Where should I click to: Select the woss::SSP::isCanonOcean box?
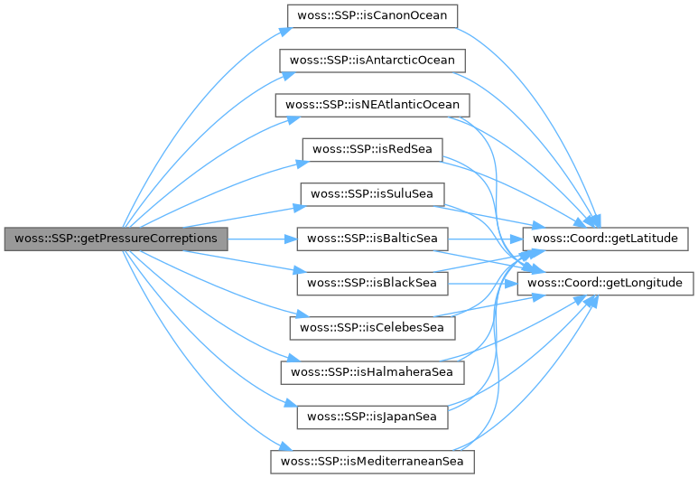click(373, 16)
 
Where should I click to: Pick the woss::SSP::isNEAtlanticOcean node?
click(373, 105)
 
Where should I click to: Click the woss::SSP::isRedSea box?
click(373, 149)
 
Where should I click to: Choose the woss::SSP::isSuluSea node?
click(373, 193)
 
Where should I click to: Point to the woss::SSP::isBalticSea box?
click(373, 239)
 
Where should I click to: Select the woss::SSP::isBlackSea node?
click(373, 283)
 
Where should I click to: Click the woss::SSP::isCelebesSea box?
click(373, 327)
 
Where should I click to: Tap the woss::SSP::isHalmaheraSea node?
click(373, 371)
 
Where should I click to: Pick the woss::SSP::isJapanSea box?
click(373, 417)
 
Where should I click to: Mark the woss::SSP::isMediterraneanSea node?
click(373, 461)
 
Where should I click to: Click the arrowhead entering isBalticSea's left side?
click(291, 239)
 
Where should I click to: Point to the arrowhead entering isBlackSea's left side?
click(291, 273)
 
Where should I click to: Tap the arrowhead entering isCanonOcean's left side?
click(284, 30)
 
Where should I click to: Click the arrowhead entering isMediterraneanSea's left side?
click(284, 449)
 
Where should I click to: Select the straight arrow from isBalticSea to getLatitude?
click(488, 239)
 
